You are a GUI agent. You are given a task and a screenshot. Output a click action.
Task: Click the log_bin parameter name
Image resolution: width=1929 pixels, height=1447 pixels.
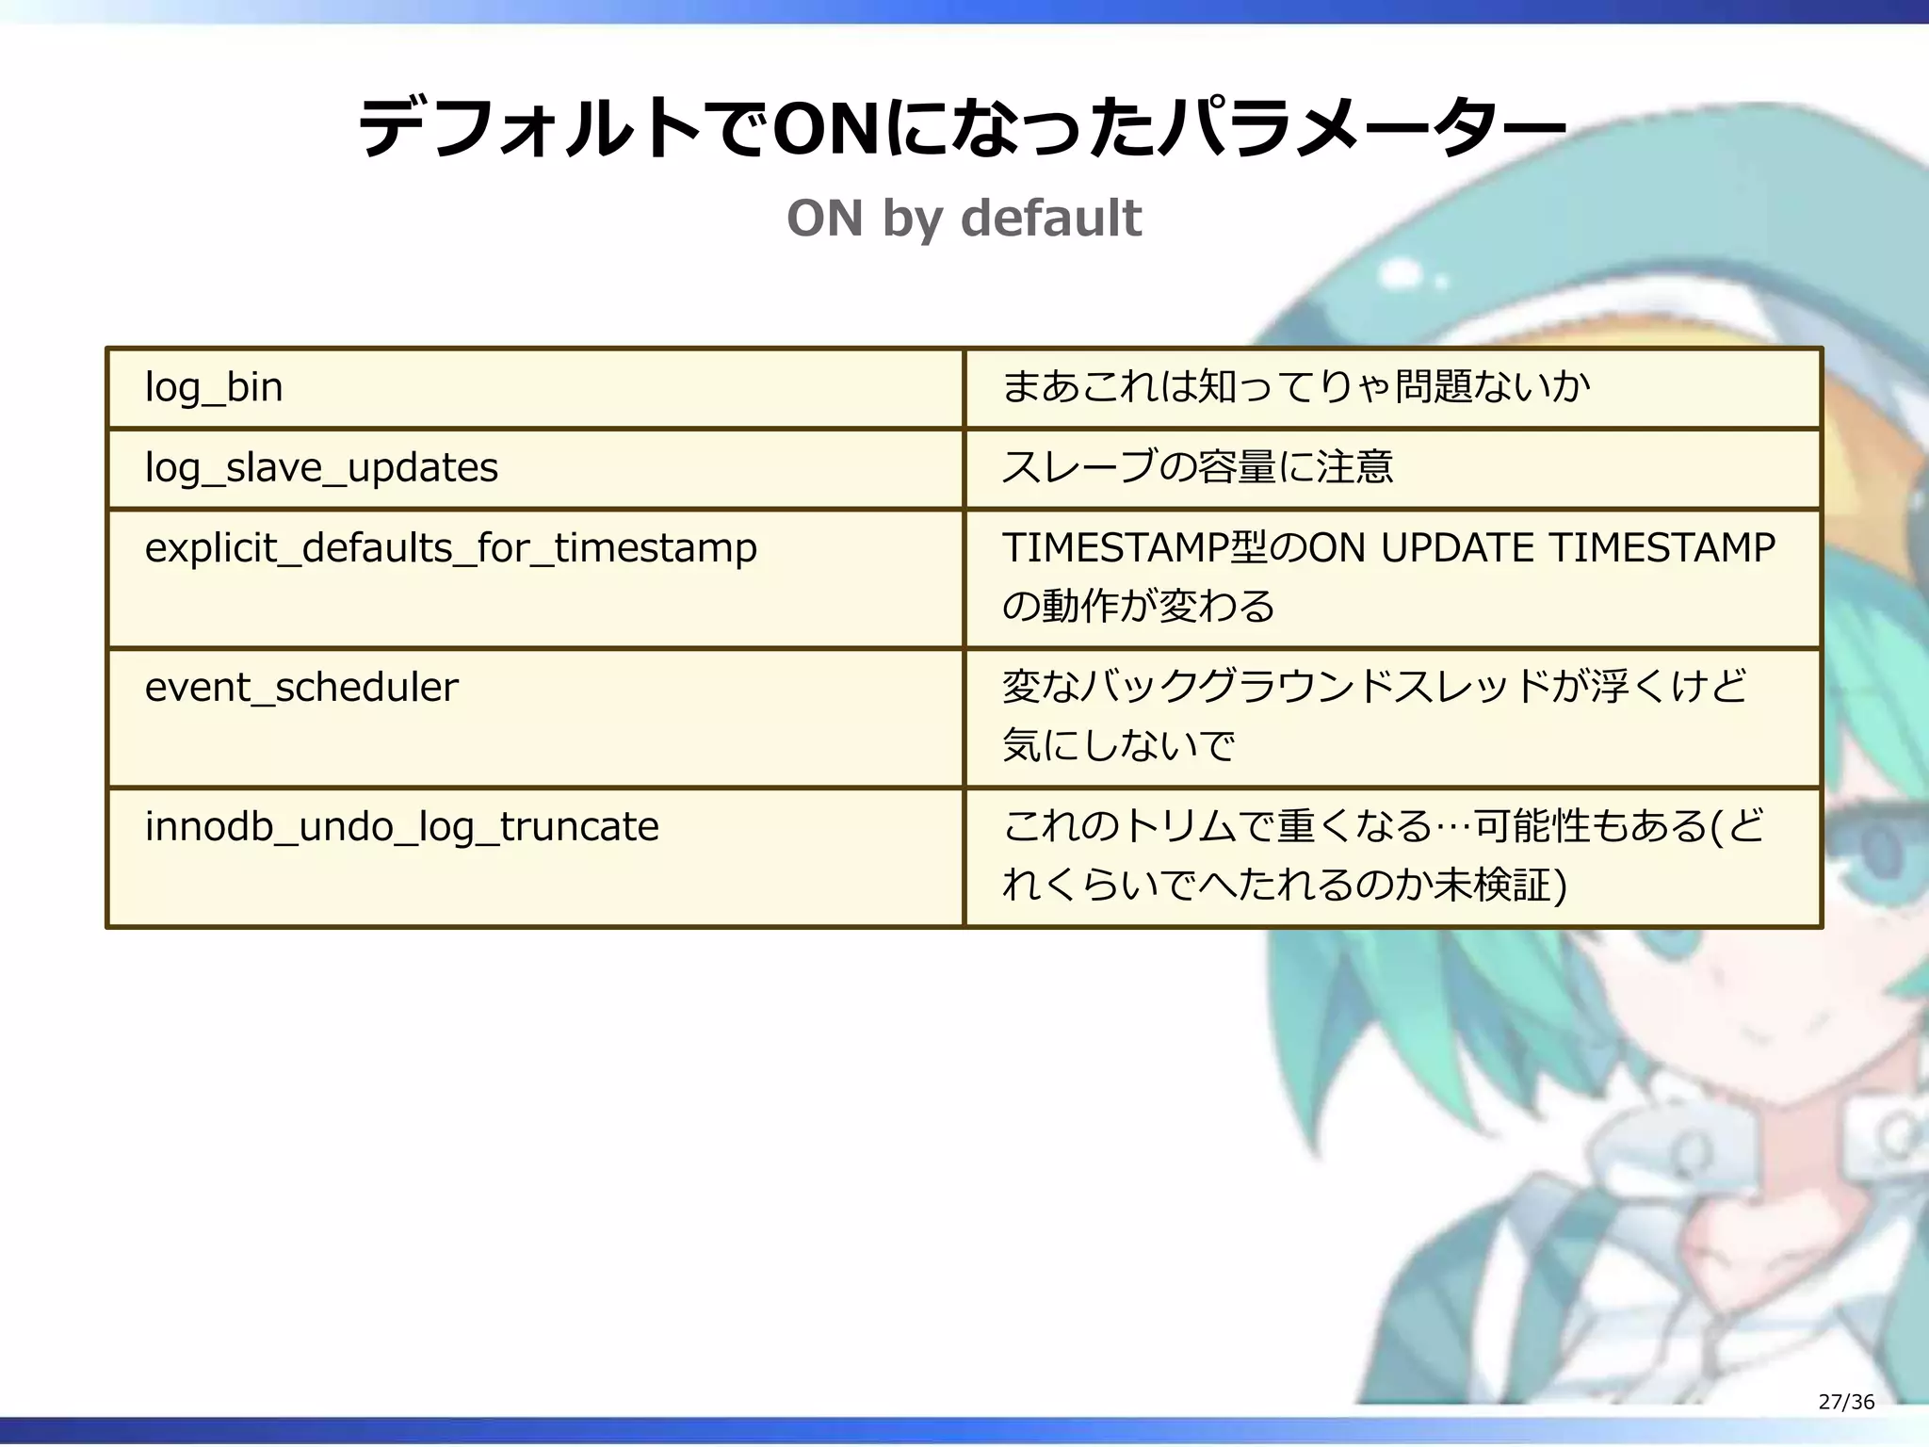click(x=214, y=387)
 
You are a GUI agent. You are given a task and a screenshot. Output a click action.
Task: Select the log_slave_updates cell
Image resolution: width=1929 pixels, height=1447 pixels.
click(x=321, y=467)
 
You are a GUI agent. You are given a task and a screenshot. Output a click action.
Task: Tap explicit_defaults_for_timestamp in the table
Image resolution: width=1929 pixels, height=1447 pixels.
click(x=450, y=548)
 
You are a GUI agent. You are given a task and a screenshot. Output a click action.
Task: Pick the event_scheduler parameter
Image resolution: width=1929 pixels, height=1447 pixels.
click(x=301, y=687)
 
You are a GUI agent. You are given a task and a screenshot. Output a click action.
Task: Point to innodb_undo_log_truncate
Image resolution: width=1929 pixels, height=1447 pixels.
click(x=401, y=826)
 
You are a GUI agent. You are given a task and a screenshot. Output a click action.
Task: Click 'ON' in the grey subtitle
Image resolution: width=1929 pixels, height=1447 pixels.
click(x=824, y=218)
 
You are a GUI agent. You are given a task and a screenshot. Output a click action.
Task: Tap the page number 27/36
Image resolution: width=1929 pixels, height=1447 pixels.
click(x=1846, y=1402)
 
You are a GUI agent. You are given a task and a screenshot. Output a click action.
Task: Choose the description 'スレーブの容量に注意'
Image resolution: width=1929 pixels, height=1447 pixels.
click(x=1197, y=467)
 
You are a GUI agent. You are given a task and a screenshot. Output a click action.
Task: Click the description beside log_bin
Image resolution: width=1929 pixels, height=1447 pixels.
click(x=1296, y=387)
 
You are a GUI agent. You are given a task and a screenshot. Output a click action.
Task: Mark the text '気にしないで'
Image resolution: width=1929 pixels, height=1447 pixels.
click(x=1118, y=745)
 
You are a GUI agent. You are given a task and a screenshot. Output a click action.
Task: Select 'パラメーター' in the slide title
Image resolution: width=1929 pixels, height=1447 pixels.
click(x=1361, y=129)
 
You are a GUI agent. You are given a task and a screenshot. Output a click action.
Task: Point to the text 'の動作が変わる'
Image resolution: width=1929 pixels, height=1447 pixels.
click(x=1138, y=606)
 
